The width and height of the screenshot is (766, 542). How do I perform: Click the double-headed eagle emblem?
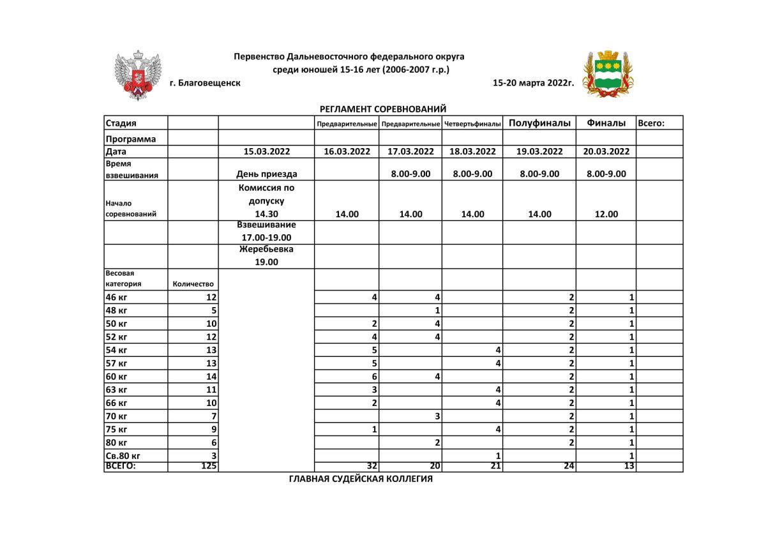[137, 75]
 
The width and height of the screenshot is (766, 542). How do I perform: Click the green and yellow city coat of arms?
[608, 73]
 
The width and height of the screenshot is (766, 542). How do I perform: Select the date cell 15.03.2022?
[267, 151]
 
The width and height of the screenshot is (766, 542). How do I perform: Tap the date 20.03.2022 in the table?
[606, 151]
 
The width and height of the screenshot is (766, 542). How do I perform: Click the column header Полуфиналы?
[539, 123]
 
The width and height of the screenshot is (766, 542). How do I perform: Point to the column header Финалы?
[606, 123]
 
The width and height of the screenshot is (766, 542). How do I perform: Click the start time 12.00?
[606, 215]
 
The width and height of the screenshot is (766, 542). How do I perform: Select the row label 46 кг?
[116, 297]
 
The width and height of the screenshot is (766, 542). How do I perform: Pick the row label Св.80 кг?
[123, 456]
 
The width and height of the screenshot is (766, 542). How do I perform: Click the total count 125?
[209, 467]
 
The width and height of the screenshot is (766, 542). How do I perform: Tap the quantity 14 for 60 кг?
[211, 377]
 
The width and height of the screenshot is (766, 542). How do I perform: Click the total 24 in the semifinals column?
[569, 467]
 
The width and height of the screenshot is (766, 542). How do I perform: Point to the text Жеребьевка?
[266, 249]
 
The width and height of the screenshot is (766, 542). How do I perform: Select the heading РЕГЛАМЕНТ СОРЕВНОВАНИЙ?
[383, 109]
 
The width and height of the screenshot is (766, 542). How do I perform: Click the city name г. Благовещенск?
[205, 83]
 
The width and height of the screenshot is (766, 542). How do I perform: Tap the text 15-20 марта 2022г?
[534, 83]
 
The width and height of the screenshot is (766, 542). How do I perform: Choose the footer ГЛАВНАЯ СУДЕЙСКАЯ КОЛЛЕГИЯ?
[361, 479]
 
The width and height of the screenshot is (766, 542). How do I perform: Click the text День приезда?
[267, 174]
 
